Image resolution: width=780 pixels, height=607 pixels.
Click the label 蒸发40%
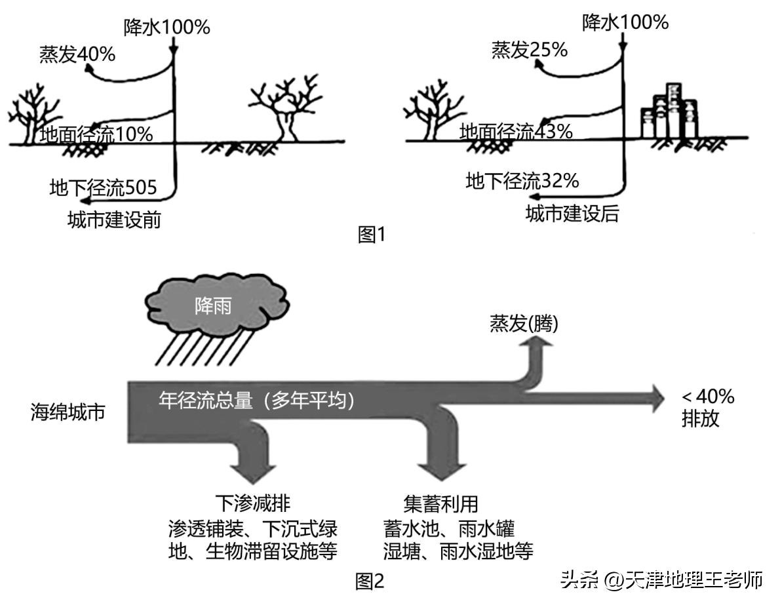(x=77, y=54)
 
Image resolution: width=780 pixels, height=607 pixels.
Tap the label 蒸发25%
(x=530, y=49)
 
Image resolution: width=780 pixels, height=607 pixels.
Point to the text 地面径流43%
(x=515, y=131)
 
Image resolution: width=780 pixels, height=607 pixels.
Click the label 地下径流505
(x=104, y=189)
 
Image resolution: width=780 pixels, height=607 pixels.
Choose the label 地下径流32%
(x=522, y=181)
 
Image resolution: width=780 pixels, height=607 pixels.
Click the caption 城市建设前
(x=114, y=220)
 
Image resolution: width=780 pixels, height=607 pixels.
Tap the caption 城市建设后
(x=572, y=214)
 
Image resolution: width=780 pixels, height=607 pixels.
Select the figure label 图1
(x=372, y=235)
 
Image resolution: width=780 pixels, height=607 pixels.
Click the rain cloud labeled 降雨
(x=213, y=305)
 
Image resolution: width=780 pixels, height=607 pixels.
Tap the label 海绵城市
(x=68, y=413)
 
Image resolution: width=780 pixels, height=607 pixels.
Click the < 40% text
(x=708, y=397)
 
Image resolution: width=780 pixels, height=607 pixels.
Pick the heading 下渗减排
(x=252, y=503)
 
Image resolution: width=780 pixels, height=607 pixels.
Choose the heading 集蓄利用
(x=440, y=503)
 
